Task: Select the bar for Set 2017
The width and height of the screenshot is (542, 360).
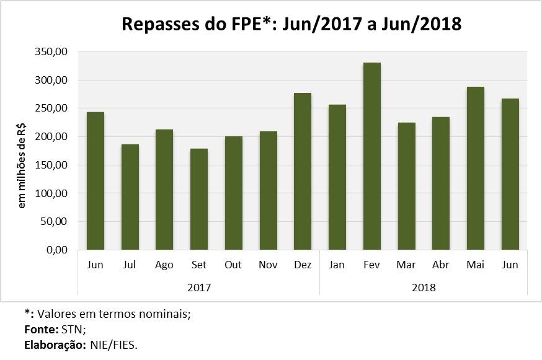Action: coord(199,199)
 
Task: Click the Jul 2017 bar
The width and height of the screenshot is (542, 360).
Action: coord(130,196)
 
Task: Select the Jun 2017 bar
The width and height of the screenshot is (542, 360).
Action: coord(96,181)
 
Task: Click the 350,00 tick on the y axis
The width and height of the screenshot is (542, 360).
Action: coord(52,52)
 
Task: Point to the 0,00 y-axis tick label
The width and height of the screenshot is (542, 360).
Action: coord(58,250)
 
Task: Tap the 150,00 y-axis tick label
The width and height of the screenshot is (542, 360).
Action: coord(52,165)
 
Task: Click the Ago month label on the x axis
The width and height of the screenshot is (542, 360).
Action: coord(164,265)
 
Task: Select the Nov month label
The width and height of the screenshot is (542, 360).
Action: coord(268,265)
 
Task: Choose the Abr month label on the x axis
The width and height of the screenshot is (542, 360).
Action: coord(441,265)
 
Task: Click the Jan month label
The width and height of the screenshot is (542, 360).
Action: coord(337,265)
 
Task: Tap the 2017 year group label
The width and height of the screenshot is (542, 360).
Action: coord(199,288)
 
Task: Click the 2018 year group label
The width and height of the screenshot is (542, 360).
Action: coord(424,288)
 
